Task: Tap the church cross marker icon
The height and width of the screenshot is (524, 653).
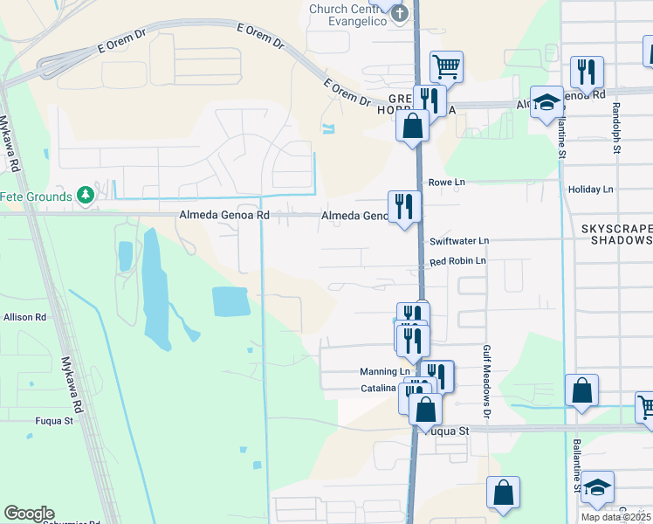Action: point(400,12)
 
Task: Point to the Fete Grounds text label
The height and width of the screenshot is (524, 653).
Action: point(35,196)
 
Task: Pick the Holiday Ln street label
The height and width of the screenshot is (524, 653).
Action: point(590,189)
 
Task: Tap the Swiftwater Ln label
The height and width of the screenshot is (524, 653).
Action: point(459,240)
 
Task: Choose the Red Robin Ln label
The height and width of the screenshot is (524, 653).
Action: point(457,261)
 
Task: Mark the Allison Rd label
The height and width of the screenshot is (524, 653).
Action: point(24,317)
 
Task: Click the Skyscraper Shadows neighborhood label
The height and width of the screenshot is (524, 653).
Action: point(616,233)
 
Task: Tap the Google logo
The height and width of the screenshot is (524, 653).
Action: point(29,514)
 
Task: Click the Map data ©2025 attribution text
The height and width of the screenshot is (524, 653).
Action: point(615,517)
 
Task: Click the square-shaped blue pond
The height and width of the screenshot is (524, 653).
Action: point(230,301)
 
